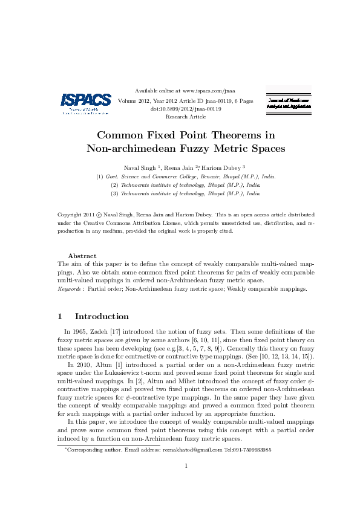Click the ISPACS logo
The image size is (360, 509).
[86, 103]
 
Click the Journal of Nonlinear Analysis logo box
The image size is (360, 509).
[289, 102]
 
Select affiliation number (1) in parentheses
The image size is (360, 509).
[100, 176]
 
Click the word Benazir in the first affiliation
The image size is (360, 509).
[210, 176]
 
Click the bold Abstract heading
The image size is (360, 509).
[82, 256]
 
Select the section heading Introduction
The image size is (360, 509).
[102, 316]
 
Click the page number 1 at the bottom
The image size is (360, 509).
[186, 465]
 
